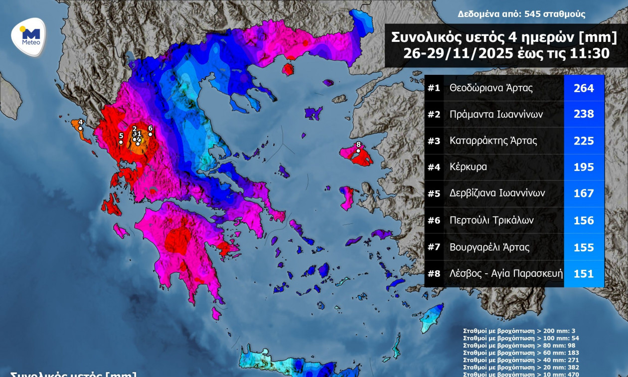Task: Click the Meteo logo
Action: (29, 36)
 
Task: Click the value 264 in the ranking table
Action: (584, 88)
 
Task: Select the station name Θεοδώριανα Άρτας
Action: (491, 88)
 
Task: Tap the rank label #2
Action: (434, 115)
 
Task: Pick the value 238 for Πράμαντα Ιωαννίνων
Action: (584, 114)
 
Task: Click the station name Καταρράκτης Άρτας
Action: (493, 141)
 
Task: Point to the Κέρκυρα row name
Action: (468, 167)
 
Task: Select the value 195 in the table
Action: (584, 167)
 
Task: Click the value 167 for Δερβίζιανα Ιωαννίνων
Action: (584, 193)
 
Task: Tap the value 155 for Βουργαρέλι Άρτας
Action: (584, 247)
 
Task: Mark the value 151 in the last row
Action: (584, 274)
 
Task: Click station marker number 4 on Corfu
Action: (80, 128)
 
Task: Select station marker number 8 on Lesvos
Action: (358, 151)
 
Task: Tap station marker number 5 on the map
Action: (121, 142)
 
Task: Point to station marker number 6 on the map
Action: (150, 134)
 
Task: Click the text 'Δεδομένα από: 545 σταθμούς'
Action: (521, 14)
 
